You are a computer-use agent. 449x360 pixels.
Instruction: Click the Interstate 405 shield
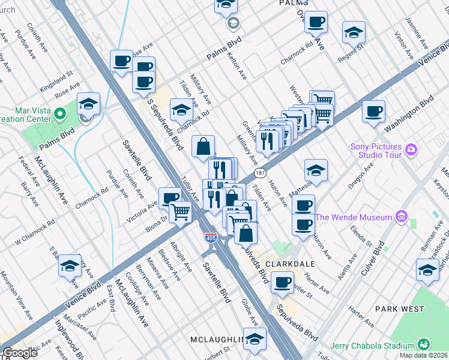[211, 238]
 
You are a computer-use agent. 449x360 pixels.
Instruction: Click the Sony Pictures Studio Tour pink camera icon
[411, 149]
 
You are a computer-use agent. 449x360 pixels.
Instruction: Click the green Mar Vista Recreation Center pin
[59, 113]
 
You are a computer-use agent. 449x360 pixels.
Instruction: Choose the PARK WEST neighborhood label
[399, 309]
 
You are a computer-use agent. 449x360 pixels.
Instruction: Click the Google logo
[20, 352]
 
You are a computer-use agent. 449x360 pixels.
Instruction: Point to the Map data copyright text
[424, 356]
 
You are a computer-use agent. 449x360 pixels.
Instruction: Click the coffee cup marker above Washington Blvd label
[373, 111]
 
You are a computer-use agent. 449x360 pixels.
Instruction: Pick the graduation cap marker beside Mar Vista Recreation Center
[88, 104]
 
